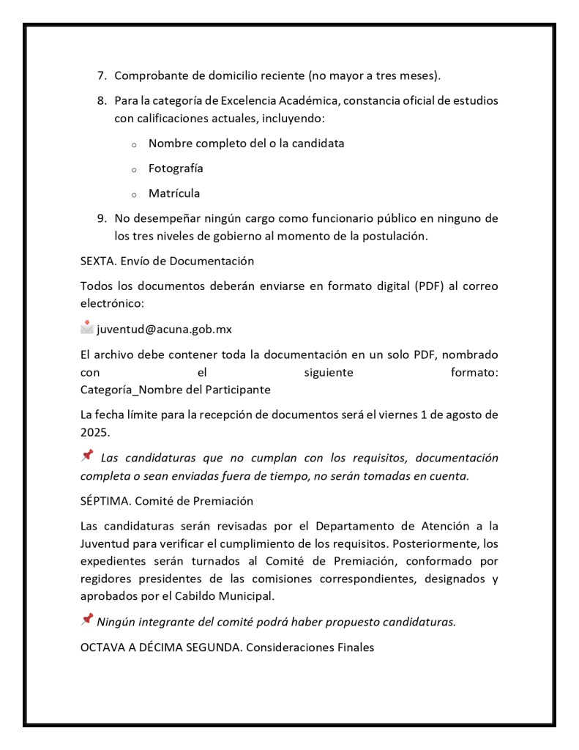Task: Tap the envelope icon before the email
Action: (x=87, y=330)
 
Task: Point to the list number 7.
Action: (x=102, y=77)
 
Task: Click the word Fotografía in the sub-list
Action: (x=176, y=168)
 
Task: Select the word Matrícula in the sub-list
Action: (x=174, y=193)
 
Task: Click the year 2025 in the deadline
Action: (x=94, y=432)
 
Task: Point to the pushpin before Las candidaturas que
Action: (x=87, y=456)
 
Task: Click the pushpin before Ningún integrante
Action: (x=87, y=620)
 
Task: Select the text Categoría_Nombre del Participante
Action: (x=175, y=390)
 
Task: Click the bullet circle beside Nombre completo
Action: (x=134, y=144)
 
